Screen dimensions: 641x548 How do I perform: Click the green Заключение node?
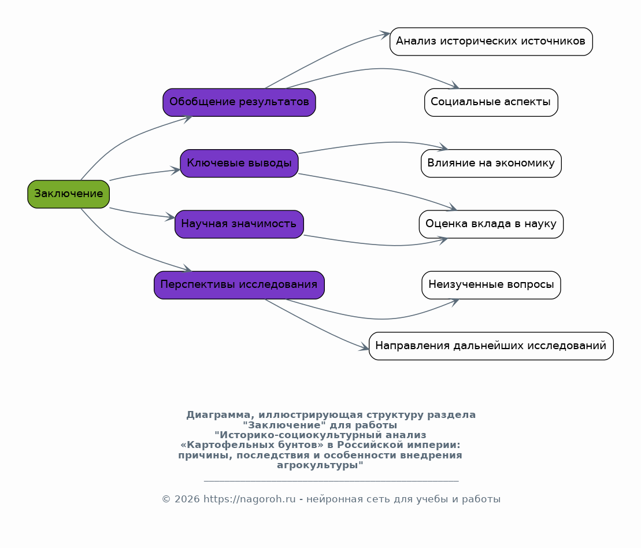point(68,194)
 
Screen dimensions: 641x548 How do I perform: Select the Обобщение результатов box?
point(239,102)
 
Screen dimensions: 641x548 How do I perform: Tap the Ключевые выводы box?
point(239,163)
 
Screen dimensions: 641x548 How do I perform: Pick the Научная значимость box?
point(239,224)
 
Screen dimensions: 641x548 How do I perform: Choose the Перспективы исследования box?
point(239,285)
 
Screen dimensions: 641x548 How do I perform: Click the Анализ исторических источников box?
point(491,41)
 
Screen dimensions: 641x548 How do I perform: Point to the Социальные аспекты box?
point(491,102)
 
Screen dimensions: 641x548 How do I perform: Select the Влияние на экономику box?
point(491,163)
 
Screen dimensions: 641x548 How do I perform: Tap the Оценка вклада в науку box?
point(491,224)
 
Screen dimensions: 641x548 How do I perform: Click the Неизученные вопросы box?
point(491,285)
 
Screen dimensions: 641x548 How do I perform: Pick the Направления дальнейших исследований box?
point(491,346)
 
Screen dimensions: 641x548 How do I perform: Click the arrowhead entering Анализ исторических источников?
point(385,35)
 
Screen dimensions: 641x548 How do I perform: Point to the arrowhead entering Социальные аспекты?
point(454,86)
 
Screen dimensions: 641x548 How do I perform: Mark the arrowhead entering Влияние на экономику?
point(443,147)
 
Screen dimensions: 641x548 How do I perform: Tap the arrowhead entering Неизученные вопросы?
point(454,301)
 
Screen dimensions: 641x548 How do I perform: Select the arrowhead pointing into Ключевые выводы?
point(175,171)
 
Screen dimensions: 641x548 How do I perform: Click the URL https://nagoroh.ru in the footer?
point(249,499)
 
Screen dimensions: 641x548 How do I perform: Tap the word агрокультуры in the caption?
point(320,465)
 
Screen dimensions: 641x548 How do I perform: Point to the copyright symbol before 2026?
point(166,499)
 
